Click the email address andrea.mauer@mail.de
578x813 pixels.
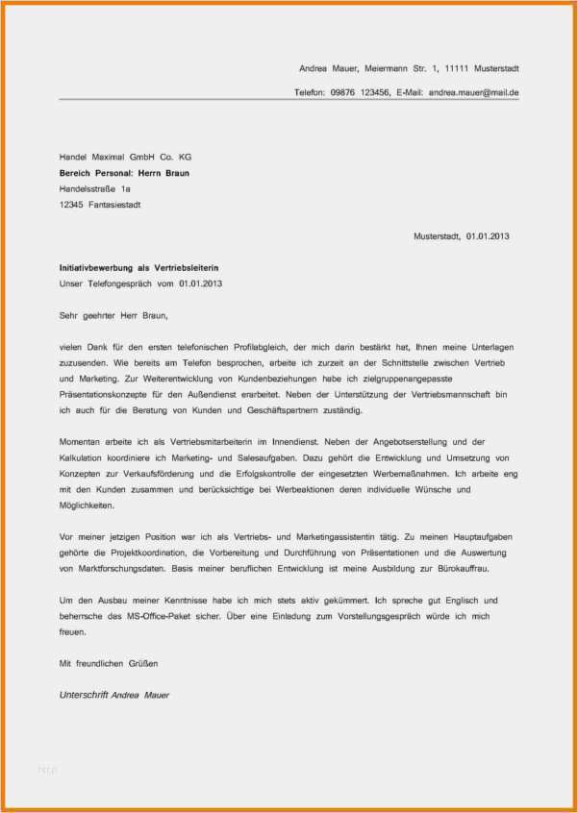473,92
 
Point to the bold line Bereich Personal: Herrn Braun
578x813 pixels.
124,173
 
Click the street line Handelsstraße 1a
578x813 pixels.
94,188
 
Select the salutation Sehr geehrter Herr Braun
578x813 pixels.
113,314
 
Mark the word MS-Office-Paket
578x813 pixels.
151,616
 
